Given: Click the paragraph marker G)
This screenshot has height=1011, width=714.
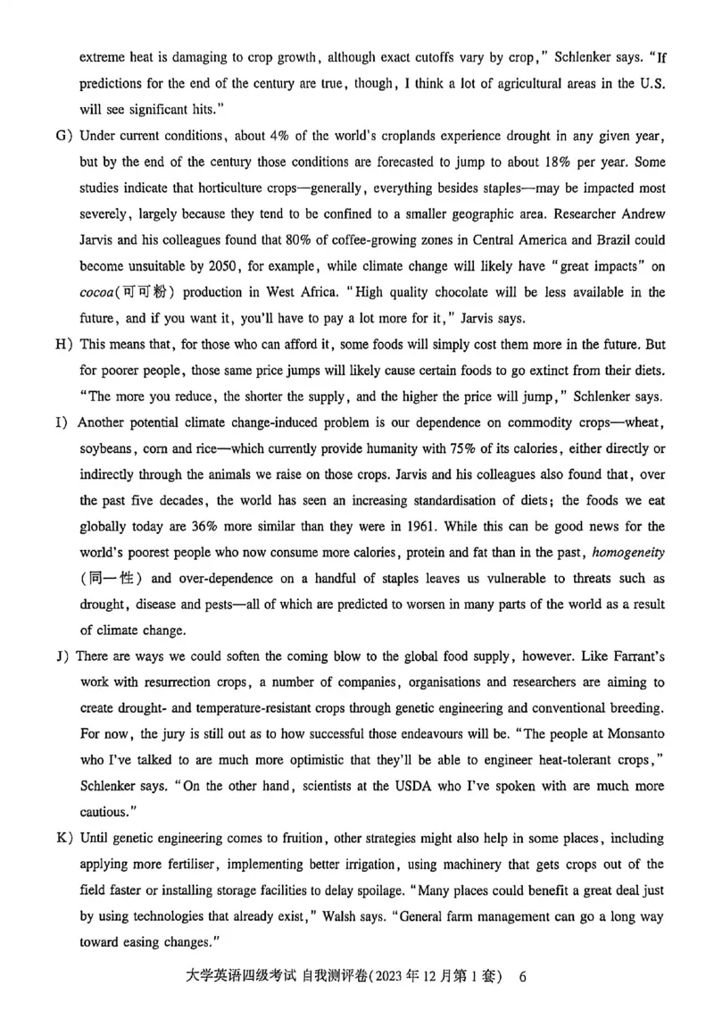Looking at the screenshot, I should point(63,136).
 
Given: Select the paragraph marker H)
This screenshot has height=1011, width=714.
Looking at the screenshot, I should point(63,344).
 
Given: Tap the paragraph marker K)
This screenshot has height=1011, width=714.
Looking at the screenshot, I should point(63,839).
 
